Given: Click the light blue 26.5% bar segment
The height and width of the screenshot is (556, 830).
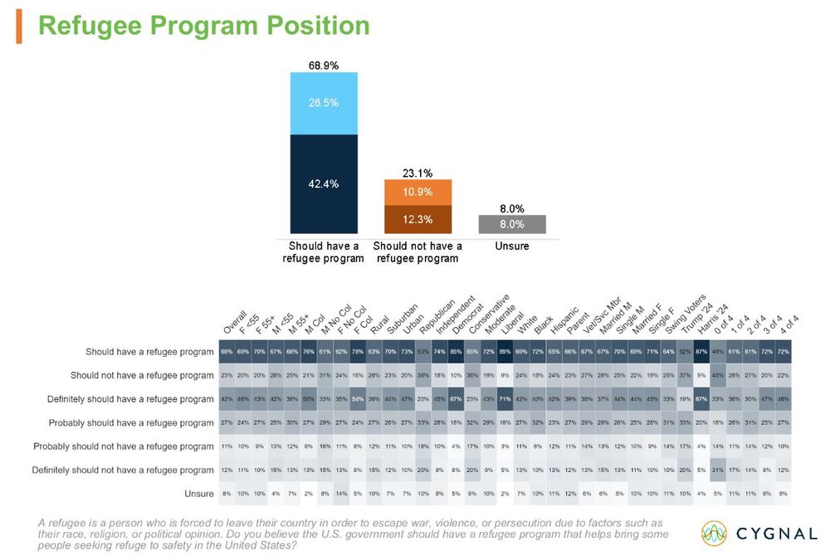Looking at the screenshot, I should (x=323, y=102).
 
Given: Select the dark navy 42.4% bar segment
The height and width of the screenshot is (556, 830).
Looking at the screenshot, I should (x=323, y=184).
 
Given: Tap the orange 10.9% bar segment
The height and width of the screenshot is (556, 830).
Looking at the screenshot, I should (x=417, y=193).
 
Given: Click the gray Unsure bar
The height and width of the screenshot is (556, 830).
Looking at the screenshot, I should (x=512, y=224).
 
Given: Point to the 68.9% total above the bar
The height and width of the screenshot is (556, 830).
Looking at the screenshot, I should (x=323, y=65).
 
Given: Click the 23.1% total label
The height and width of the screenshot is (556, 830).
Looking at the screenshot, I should (x=417, y=174).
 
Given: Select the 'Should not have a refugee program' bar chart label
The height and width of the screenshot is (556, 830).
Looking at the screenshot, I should (x=417, y=252).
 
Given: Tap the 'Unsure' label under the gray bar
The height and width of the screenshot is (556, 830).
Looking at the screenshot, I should (x=512, y=246).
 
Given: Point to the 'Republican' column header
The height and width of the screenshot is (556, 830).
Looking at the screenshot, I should (x=438, y=318).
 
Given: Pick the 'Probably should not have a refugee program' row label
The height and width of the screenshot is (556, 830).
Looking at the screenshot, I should (x=124, y=446).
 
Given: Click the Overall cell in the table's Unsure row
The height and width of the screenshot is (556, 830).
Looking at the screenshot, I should (x=225, y=494).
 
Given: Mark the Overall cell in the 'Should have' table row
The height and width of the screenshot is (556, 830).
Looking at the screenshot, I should (x=225, y=352).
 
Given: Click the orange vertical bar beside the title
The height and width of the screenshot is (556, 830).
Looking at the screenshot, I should (x=19, y=27).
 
